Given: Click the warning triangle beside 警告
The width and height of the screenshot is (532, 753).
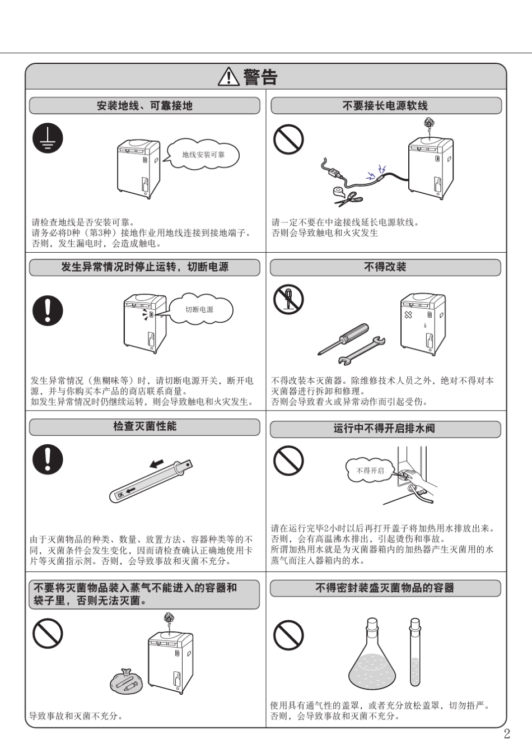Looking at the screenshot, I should (x=228, y=77).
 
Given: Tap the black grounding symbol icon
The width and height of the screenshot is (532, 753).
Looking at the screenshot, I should (x=48, y=138).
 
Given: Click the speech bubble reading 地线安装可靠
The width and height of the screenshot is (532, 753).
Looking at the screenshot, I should (x=203, y=155).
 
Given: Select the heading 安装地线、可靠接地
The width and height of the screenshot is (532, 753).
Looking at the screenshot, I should (x=144, y=106).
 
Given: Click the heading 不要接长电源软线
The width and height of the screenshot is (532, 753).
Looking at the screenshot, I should (x=385, y=106).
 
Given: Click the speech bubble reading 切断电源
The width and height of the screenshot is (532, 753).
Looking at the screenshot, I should (x=200, y=309).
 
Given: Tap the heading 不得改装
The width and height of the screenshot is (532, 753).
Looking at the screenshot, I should (x=385, y=267).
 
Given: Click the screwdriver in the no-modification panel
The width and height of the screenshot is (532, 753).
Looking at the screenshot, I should (x=344, y=338).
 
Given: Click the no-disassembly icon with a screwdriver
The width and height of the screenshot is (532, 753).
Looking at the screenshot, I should (x=288, y=299).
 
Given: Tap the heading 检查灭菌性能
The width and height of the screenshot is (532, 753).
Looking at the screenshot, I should (x=144, y=427).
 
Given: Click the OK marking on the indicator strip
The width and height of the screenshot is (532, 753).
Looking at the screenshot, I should (x=120, y=495).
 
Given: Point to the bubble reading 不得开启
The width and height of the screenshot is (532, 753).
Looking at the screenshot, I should (x=370, y=471).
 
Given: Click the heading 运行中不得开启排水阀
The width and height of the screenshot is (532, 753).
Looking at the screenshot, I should (x=385, y=429).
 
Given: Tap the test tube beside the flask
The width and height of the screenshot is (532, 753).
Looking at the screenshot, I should (x=415, y=653).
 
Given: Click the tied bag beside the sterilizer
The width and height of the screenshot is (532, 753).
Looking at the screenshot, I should (x=127, y=681).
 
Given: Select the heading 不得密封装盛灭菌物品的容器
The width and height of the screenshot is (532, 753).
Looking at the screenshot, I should (x=385, y=588).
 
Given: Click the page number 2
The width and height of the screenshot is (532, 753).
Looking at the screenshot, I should (x=507, y=735).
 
